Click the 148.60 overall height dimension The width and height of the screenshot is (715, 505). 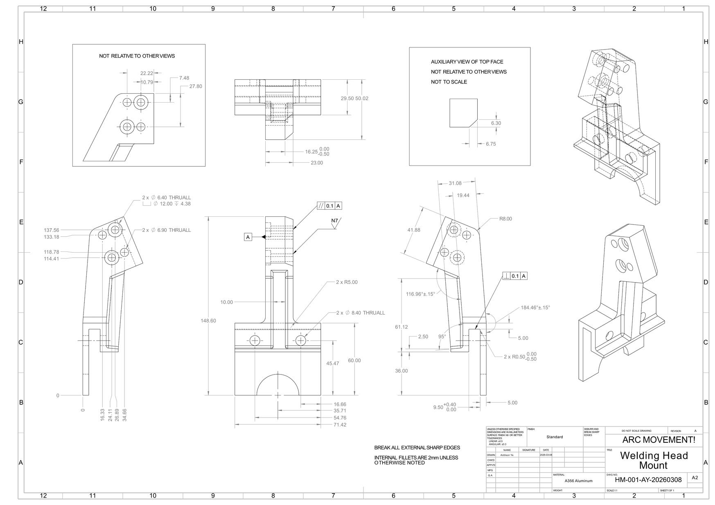click(x=208, y=321)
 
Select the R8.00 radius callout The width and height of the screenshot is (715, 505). click(x=505, y=219)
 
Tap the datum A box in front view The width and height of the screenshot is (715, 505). click(x=248, y=237)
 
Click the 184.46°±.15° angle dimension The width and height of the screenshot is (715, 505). click(x=535, y=307)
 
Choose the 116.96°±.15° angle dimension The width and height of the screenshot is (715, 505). click(x=420, y=294)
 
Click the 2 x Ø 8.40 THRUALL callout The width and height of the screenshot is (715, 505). click(x=360, y=313)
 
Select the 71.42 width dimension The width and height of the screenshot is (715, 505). click(x=340, y=425)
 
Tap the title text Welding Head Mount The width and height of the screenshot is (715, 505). click(x=654, y=460)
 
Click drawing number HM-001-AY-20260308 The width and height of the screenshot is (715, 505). click(x=648, y=480)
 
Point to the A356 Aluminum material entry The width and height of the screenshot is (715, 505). click(x=578, y=481)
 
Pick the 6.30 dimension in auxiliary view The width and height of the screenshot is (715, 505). click(x=496, y=123)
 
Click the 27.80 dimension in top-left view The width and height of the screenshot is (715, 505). click(x=195, y=86)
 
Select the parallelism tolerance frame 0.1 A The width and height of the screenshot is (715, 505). click(x=329, y=206)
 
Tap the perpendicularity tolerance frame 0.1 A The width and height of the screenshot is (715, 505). click(x=515, y=276)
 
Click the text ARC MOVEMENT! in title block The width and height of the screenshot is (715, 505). click(x=659, y=440)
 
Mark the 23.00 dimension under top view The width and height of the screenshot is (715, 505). click(x=316, y=163)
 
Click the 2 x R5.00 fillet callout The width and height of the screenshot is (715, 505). click(x=347, y=282)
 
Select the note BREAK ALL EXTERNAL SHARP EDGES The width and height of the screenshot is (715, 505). click(x=417, y=447)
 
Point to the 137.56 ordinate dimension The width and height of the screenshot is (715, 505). click(x=52, y=230)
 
